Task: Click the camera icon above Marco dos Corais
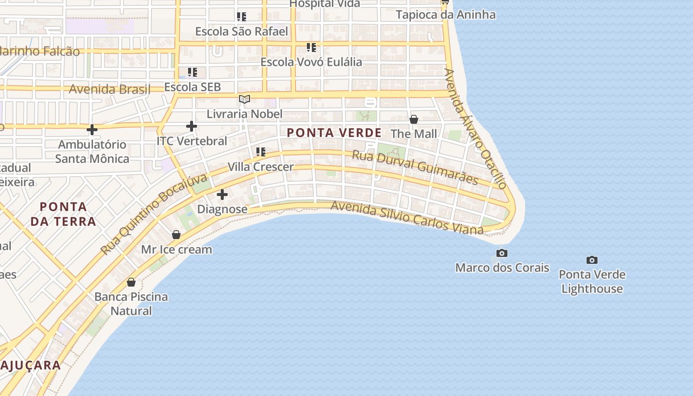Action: click(502, 253)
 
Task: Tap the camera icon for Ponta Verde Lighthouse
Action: click(592, 260)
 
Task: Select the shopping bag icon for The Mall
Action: click(414, 119)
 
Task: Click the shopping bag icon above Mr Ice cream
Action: click(176, 235)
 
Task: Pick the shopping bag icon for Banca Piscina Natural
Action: click(131, 282)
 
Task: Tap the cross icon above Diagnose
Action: click(222, 195)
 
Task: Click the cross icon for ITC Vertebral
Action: click(192, 126)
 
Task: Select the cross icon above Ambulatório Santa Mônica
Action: click(92, 130)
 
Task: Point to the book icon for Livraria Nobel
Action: click(245, 99)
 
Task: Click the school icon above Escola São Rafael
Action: click(242, 17)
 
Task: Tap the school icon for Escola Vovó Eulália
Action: click(311, 48)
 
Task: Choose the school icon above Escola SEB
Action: click(193, 72)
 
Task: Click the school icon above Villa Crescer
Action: click(261, 152)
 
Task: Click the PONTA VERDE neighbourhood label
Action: click(334, 133)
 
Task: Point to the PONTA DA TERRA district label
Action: click(63, 214)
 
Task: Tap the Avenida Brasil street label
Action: click(109, 90)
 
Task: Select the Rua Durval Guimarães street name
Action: click(415, 167)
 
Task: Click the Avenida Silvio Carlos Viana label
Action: click(406, 217)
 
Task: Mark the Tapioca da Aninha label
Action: click(445, 15)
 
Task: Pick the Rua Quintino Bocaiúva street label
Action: click(153, 214)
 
